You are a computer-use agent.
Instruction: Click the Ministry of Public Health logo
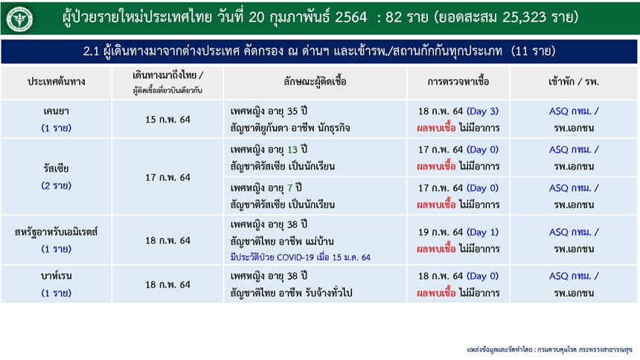(19, 19)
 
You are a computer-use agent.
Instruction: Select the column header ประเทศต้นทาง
(57, 82)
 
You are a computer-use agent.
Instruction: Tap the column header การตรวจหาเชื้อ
(458, 82)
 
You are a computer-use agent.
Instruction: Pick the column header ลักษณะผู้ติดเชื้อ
(315, 82)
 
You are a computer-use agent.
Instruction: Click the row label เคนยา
(57, 111)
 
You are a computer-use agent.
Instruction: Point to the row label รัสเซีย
(57, 168)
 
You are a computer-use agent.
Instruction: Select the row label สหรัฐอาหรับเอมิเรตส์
(57, 232)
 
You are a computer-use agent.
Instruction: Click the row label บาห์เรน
(57, 276)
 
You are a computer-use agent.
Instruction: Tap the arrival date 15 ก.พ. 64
(167, 120)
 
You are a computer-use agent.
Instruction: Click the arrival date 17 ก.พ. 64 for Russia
(167, 177)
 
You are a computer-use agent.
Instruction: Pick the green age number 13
(292, 150)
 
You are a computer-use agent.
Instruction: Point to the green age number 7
(289, 188)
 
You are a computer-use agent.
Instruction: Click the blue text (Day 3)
(482, 111)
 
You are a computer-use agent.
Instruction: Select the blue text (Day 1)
(482, 232)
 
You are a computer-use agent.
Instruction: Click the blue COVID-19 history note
(301, 257)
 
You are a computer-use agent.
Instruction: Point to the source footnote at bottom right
(549, 350)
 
